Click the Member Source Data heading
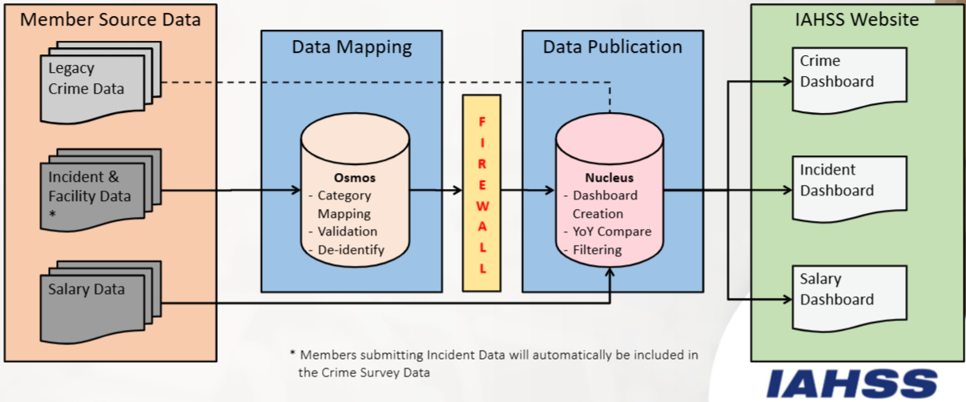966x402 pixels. click(111, 18)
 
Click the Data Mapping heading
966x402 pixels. click(351, 47)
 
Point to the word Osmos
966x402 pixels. click(354, 177)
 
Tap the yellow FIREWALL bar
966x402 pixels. click(481, 192)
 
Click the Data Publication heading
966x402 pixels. click(612, 47)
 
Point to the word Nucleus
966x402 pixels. click(610, 178)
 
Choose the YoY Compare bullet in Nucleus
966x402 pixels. click(611, 232)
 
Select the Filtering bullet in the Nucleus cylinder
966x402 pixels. click(600, 250)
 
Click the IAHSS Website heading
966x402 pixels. click(857, 19)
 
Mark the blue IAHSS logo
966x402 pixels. click(851, 384)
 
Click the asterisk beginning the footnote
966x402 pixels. click(294, 354)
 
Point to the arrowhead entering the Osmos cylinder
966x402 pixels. click(296, 191)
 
